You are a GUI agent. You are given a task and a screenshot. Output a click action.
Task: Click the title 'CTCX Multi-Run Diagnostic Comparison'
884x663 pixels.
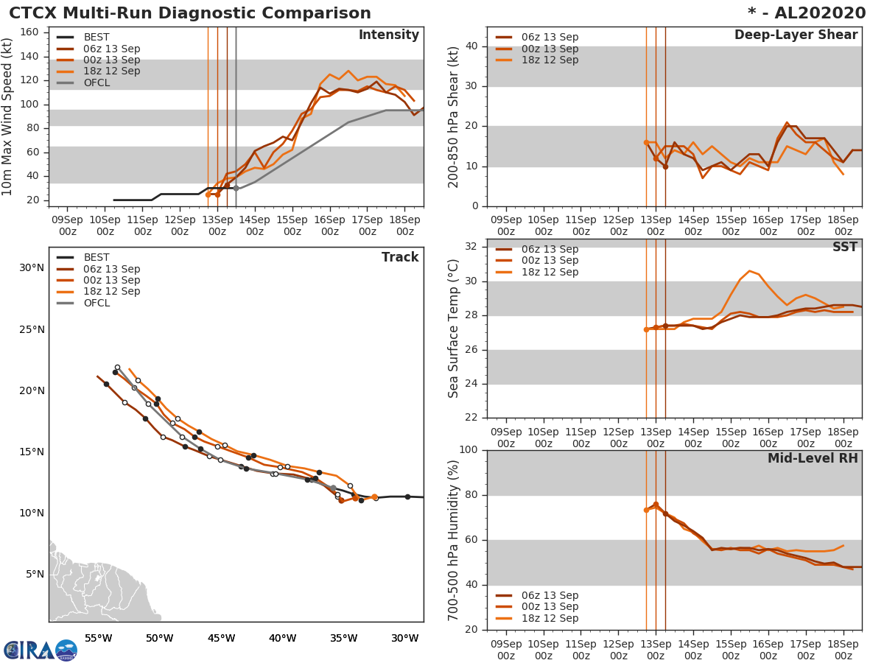click(190, 13)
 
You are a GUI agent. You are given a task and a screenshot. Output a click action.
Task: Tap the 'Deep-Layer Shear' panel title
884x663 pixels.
click(796, 35)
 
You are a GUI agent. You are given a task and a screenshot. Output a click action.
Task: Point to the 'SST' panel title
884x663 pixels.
click(844, 248)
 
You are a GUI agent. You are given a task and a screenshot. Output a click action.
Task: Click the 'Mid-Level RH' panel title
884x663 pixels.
click(813, 459)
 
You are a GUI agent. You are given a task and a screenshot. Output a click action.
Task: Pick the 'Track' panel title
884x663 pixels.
click(400, 257)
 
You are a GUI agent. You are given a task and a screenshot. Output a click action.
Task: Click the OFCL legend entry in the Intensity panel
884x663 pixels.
click(97, 83)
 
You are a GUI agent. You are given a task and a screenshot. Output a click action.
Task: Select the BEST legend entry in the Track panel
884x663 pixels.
click(97, 258)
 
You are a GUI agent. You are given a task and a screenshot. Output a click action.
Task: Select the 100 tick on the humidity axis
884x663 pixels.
click(469, 450)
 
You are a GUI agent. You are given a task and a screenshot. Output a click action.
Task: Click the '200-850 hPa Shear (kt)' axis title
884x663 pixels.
click(454, 116)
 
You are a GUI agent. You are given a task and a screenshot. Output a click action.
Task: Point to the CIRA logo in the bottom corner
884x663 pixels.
click(40, 650)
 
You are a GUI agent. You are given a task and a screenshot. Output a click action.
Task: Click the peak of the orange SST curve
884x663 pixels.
click(749, 271)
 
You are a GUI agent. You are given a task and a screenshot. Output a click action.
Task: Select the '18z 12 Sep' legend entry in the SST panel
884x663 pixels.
click(550, 272)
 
